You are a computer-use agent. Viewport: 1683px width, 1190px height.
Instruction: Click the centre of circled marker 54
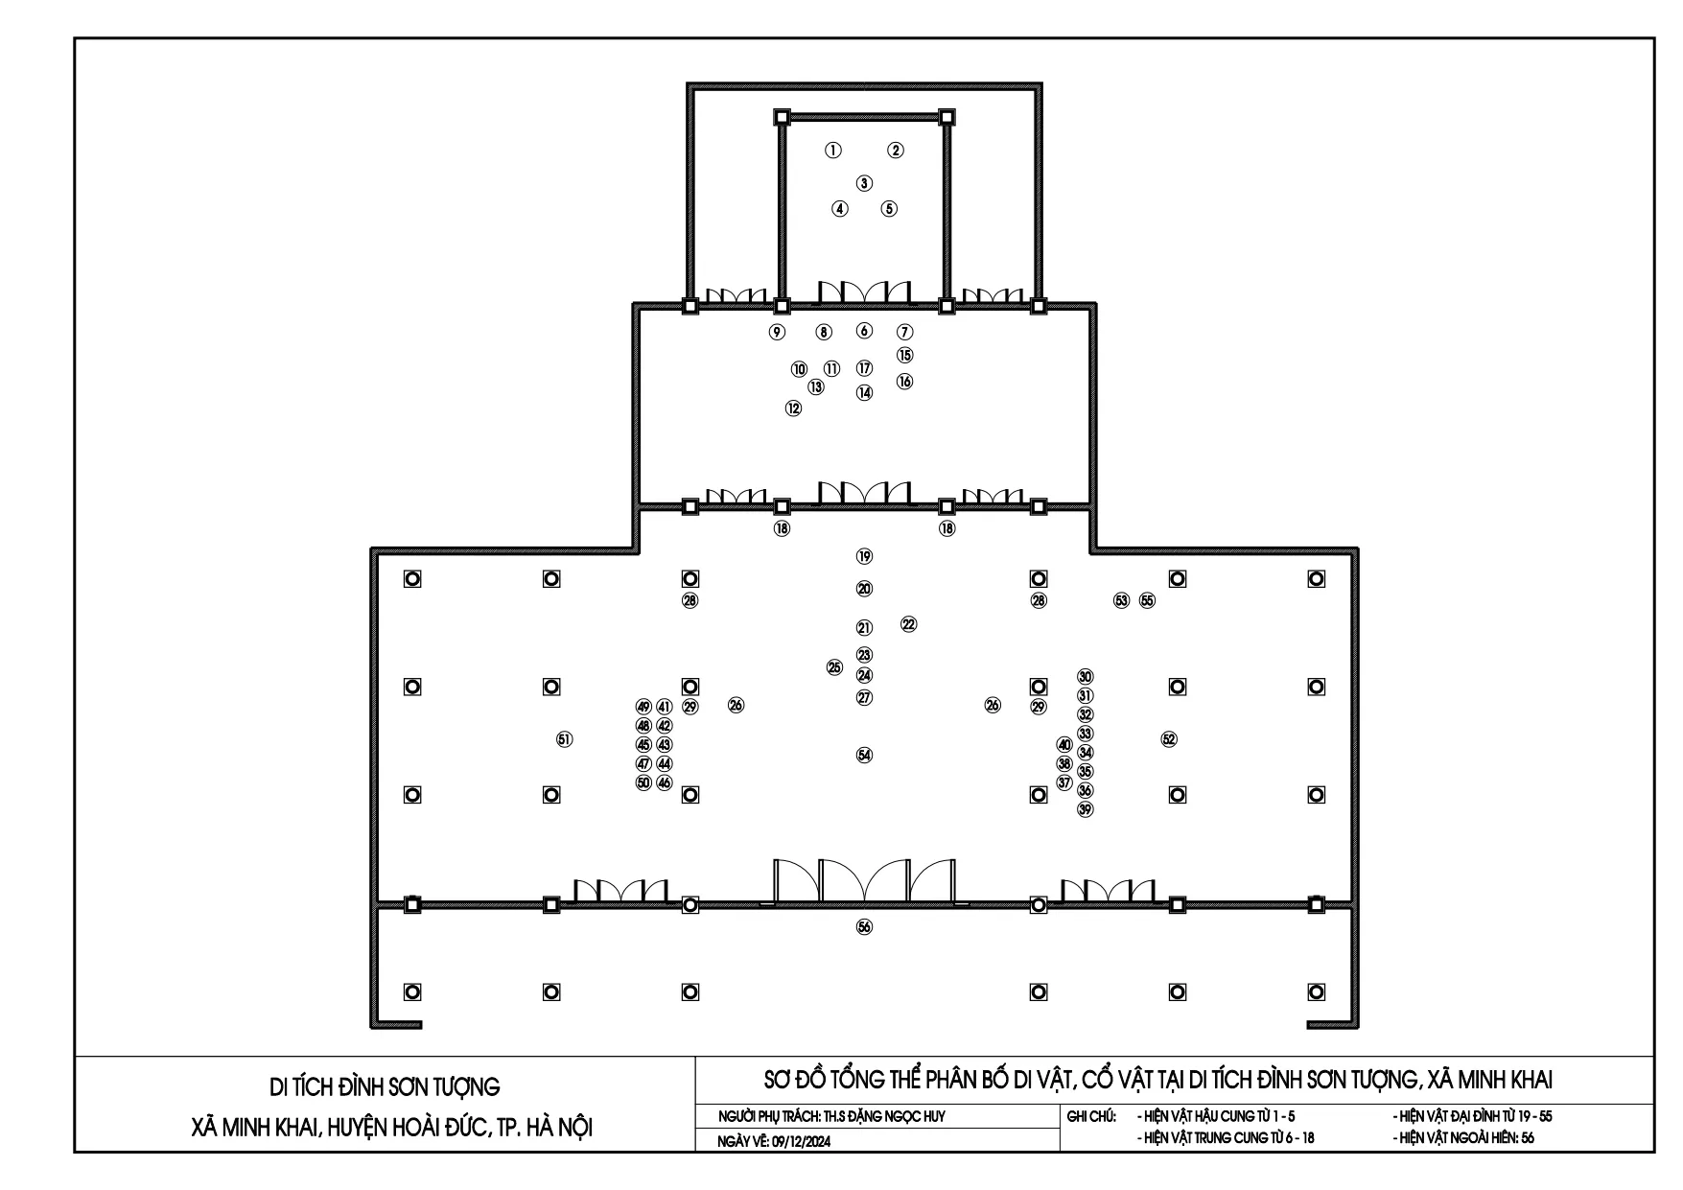click(864, 756)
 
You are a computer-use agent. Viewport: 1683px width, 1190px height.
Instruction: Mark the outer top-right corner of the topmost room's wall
click(1042, 83)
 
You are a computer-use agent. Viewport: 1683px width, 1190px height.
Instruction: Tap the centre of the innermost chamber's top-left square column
click(782, 117)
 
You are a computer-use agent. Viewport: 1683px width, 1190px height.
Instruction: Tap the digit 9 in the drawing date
click(763, 1141)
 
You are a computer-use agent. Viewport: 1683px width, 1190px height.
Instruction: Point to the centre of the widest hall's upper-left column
click(412, 579)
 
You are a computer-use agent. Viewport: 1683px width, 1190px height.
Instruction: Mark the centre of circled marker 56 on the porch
click(864, 927)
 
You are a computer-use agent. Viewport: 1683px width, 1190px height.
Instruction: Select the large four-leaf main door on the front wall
click(864, 881)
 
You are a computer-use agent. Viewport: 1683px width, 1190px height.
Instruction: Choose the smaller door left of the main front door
click(620, 891)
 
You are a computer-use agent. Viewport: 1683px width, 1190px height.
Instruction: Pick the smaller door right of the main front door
click(1107, 891)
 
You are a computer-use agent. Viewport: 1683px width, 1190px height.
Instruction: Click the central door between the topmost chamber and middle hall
click(864, 293)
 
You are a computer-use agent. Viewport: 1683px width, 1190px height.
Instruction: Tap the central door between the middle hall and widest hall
click(864, 493)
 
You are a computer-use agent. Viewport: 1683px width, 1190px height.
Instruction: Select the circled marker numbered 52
click(1168, 739)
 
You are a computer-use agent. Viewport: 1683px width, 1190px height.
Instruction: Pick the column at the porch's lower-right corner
click(1317, 992)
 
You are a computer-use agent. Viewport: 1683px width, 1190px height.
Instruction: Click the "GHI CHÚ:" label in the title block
click(1091, 1117)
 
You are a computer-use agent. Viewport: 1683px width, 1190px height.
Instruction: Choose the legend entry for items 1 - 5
click(1215, 1117)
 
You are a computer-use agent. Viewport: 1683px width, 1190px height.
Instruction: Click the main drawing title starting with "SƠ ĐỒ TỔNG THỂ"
click(1157, 1081)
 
